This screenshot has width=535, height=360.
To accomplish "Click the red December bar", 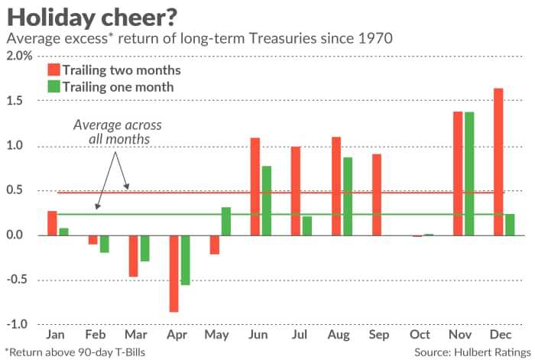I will click(498, 161).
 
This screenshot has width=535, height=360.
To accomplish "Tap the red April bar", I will click(174, 273).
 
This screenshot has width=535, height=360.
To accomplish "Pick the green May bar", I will click(226, 221).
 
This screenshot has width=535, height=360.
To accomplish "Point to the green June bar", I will click(267, 200).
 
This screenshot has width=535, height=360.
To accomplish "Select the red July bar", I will click(296, 190).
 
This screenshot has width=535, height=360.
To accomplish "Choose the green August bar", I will click(348, 196).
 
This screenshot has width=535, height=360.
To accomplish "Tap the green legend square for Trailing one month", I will click(53, 87).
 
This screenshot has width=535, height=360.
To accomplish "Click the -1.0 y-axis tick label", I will click(19, 324).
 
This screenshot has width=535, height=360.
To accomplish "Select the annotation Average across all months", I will click(118, 132).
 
